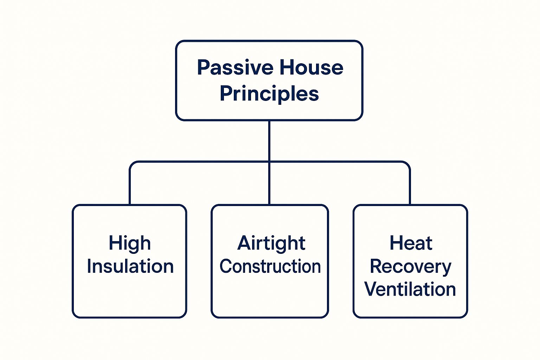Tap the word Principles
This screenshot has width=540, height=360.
point(269,94)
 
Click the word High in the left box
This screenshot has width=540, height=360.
point(130,244)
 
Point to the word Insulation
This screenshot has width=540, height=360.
point(130,266)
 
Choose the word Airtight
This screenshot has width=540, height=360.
point(271,244)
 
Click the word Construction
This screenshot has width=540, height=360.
point(270,266)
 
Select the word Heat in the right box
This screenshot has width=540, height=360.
point(411,243)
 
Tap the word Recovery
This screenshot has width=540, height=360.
point(410,266)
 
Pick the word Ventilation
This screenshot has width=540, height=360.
point(410,289)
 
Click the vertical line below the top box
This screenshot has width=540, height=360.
point(269,141)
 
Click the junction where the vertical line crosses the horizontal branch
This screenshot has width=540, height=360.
point(269,162)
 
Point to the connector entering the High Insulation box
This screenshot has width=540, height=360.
point(130,190)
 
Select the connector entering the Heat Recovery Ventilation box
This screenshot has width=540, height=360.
point(410,190)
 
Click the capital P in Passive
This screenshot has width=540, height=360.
point(203,67)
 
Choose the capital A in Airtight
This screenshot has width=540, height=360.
point(245,243)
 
